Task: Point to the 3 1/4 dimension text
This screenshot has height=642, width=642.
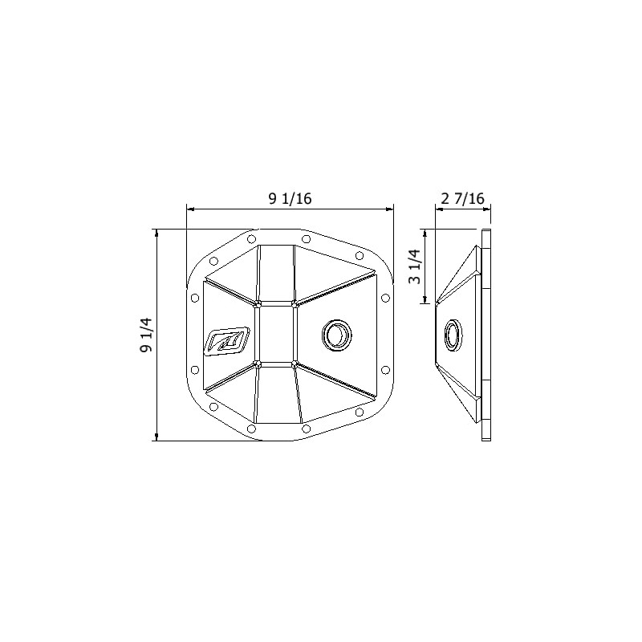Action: [x=414, y=266]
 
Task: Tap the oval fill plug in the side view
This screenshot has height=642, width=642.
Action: [x=453, y=335]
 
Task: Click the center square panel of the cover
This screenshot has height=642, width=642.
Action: [x=275, y=333]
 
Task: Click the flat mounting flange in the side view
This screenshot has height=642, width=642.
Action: [x=486, y=335]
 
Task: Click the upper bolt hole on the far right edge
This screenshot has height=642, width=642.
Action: [x=385, y=298]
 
